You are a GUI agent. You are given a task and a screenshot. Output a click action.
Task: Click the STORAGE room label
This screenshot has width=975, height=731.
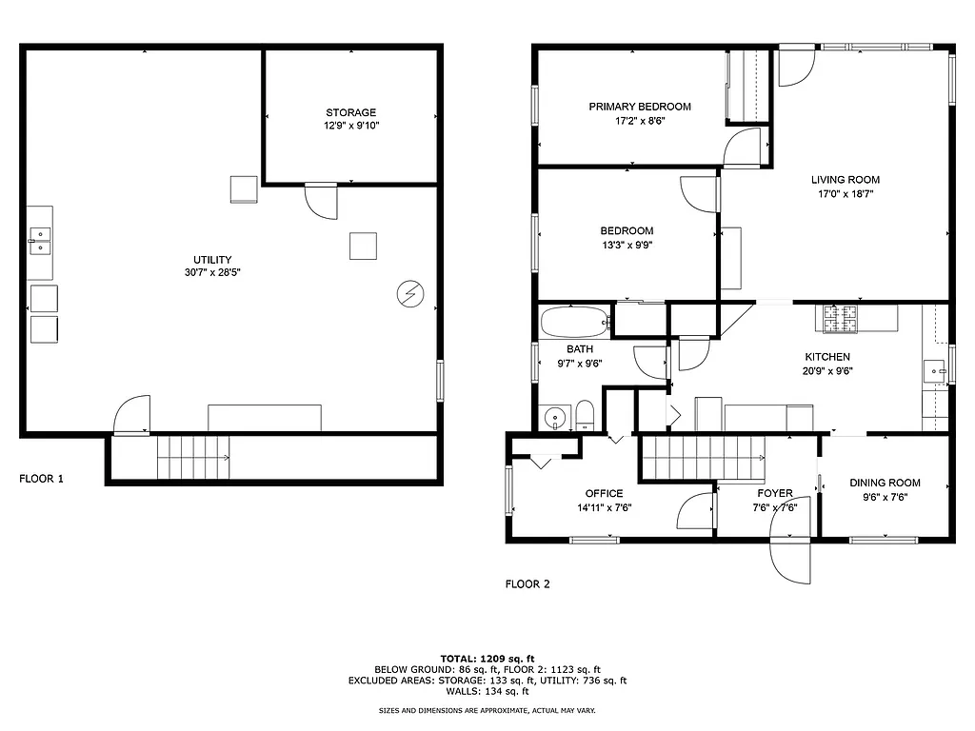[x=350, y=112]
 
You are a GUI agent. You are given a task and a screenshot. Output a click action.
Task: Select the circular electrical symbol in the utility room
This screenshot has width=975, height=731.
[x=409, y=295]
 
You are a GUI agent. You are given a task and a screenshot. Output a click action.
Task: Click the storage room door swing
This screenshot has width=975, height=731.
[x=321, y=201]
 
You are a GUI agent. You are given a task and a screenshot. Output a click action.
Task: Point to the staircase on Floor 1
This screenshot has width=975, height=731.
[x=194, y=458]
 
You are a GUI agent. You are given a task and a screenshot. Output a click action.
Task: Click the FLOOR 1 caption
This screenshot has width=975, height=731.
[x=42, y=479]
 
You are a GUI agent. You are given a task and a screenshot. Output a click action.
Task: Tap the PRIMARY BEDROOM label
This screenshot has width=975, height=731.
[x=639, y=107]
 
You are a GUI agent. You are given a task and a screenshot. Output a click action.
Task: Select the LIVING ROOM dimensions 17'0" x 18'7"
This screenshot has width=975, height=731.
[x=845, y=193]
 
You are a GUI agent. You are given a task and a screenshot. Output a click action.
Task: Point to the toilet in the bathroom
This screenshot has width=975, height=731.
[x=585, y=416]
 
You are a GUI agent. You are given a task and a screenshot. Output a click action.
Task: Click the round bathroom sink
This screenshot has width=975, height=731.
[x=552, y=418]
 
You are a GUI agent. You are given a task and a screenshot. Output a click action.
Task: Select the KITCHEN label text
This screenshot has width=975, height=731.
[x=825, y=357]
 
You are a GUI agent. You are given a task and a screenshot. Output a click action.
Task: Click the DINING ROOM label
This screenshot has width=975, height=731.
[x=885, y=483]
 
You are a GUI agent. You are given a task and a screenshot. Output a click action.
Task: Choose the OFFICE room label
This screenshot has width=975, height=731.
[x=604, y=493]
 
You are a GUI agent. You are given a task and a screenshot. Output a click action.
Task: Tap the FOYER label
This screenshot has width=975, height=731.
[x=774, y=493]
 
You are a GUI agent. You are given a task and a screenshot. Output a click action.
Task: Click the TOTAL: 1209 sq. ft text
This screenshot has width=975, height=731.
[x=487, y=658]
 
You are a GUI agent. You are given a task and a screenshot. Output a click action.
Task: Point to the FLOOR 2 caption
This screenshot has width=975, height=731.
[x=527, y=584]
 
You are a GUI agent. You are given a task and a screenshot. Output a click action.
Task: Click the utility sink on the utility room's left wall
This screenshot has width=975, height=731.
[x=39, y=235]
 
